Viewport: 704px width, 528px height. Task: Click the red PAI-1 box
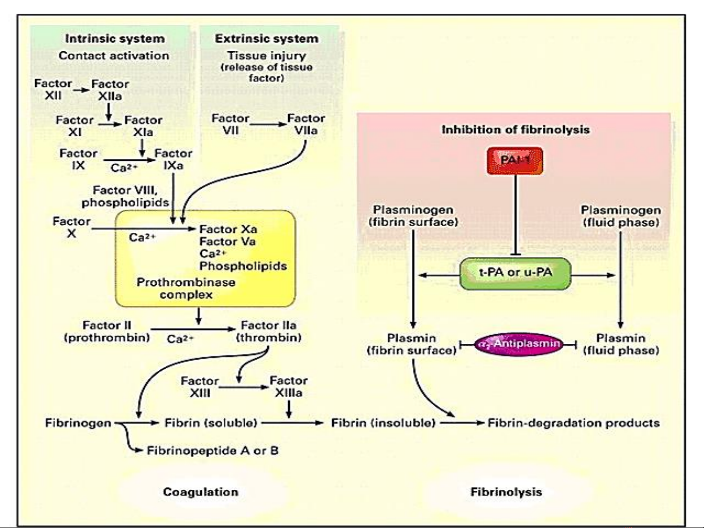tap(514, 161)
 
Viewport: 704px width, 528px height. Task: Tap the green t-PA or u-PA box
tap(515, 273)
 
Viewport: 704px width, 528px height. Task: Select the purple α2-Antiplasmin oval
tap(519, 344)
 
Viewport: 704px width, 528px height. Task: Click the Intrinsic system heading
tap(115, 39)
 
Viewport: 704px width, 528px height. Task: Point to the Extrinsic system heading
tap(266, 39)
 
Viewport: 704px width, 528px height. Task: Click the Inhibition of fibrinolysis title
tap(515, 130)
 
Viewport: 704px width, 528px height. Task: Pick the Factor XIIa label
tap(110, 90)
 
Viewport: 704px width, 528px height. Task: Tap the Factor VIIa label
tap(306, 125)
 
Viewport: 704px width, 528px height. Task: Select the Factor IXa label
tap(173, 159)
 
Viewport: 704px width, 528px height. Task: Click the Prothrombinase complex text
tap(186, 288)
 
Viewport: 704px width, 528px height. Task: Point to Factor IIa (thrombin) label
tap(269, 331)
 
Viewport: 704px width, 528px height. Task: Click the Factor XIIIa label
tap(288, 386)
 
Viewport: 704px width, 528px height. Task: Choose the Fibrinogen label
tap(78, 422)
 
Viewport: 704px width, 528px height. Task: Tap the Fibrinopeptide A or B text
tap(213, 450)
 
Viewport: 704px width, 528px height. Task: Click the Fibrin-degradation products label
tap(574, 422)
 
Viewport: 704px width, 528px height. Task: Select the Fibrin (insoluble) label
tap(383, 422)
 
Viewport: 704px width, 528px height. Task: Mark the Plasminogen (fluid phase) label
tap(620, 216)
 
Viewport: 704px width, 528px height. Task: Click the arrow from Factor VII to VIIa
tap(268, 125)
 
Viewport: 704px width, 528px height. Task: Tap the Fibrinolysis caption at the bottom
tap(506, 492)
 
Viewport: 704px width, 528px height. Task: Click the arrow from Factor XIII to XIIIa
tap(243, 387)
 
